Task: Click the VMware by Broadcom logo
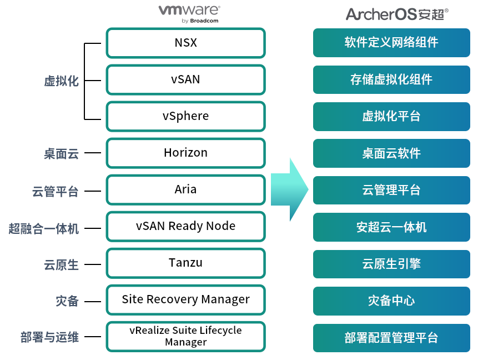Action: click(189, 13)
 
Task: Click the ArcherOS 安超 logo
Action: click(397, 14)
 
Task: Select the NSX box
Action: click(185, 43)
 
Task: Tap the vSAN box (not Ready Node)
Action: click(185, 79)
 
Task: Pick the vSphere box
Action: click(185, 116)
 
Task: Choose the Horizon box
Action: click(185, 153)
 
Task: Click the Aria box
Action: click(185, 189)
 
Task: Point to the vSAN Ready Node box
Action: click(185, 226)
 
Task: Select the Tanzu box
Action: click(185, 263)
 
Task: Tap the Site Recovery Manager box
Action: click(185, 299)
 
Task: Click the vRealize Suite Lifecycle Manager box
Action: click(185, 336)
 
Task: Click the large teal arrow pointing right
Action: click(289, 189)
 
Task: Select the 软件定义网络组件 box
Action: click(391, 43)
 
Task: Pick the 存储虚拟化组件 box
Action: click(391, 79)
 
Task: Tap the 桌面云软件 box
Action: click(391, 153)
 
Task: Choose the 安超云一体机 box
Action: click(391, 227)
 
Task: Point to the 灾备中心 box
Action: click(391, 301)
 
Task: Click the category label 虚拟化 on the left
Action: click(61, 81)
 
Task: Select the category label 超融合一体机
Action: click(44, 228)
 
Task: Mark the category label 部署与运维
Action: click(49, 337)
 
